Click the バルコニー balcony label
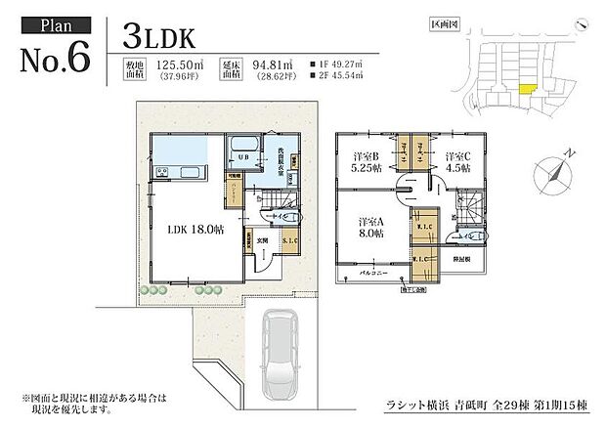click(374, 275)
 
